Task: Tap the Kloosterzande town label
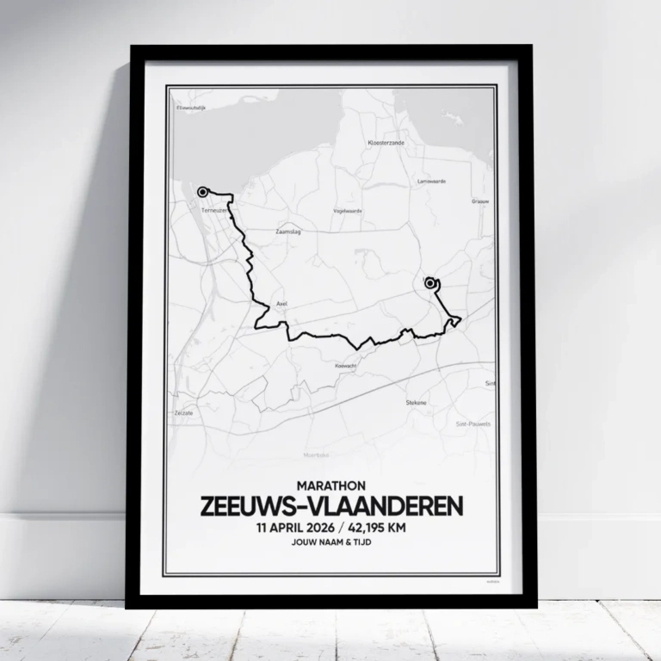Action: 385,142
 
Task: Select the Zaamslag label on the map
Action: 287,232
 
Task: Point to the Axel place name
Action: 281,304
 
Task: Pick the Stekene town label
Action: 417,402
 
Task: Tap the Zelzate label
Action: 184,413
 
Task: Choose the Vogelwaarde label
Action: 348,210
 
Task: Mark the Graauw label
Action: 480,201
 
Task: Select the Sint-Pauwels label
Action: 472,423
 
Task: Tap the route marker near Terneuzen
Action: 203,192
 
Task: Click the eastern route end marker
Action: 430,282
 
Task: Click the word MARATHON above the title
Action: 331,485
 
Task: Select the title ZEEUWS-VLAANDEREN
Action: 331,506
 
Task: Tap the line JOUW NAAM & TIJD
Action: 331,543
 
